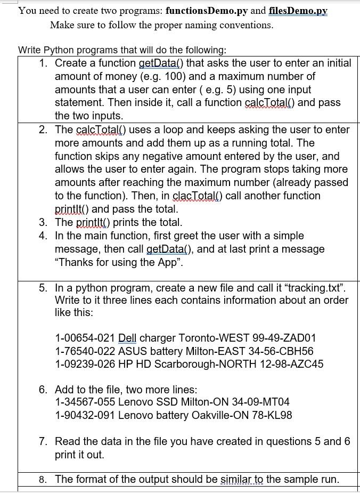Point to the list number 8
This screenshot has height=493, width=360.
43,479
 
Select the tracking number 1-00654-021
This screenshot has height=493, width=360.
85,338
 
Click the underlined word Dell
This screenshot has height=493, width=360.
127,338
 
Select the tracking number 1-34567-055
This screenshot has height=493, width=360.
85,402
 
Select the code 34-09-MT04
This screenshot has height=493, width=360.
262,402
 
